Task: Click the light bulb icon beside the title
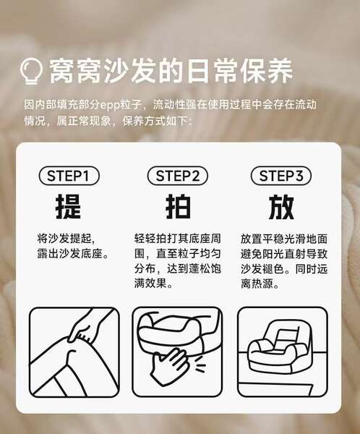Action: tap(32, 72)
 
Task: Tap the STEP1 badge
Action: tap(69, 176)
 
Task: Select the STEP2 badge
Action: tap(178, 176)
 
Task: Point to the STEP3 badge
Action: tap(281, 176)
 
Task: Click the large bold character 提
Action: tap(69, 207)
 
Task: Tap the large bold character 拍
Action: tap(178, 207)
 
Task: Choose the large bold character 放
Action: tap(281, 207)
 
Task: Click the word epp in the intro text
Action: tap(109, 105)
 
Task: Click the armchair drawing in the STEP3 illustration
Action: tap(278, 349)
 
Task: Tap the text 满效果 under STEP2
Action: tap(150, 284)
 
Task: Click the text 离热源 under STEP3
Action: tap(257, 284)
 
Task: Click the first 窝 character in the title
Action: tap(63, 71)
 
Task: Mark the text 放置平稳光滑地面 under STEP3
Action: tap(284, 239)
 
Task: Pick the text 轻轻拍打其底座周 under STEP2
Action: tap(178, 239)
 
